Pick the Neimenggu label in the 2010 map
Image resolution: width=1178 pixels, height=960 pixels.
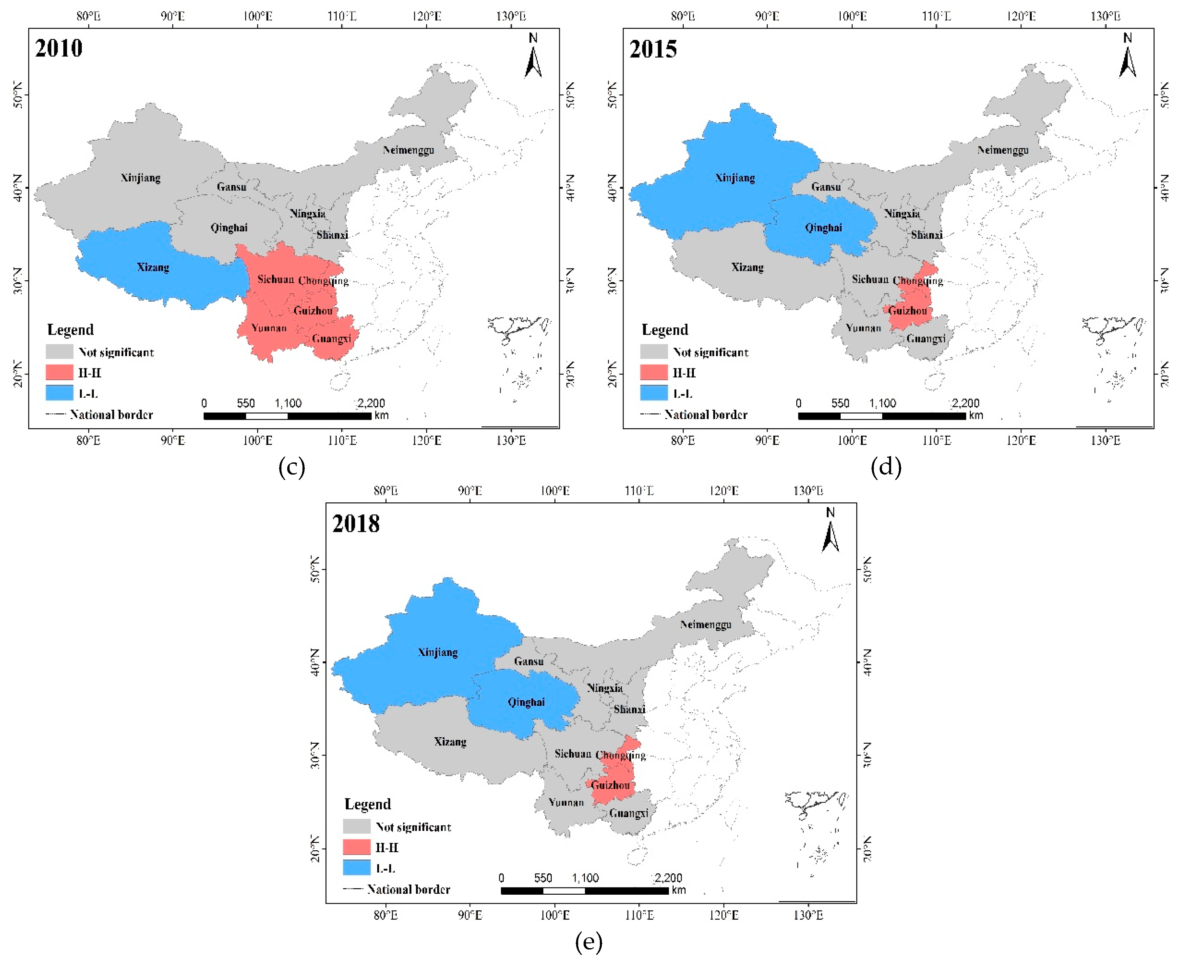tap(408, 150)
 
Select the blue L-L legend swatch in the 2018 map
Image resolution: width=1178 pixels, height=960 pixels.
tap(356, 868)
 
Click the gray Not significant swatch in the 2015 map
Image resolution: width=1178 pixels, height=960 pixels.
tap(653, 352)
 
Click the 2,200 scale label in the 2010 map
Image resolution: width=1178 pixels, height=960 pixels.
tap(371, 403)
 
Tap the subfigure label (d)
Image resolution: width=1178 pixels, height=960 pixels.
tap(886, 467)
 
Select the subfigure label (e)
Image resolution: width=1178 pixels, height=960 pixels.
tap(588, 942)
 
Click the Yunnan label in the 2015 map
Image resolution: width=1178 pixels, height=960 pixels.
tap(863, 328)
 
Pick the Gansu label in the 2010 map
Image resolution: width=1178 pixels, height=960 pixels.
tap(231, 187)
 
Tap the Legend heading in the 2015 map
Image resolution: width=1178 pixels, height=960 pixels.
tap(665, 330)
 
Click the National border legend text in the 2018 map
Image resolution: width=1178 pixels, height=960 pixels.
tap(408, 889)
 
